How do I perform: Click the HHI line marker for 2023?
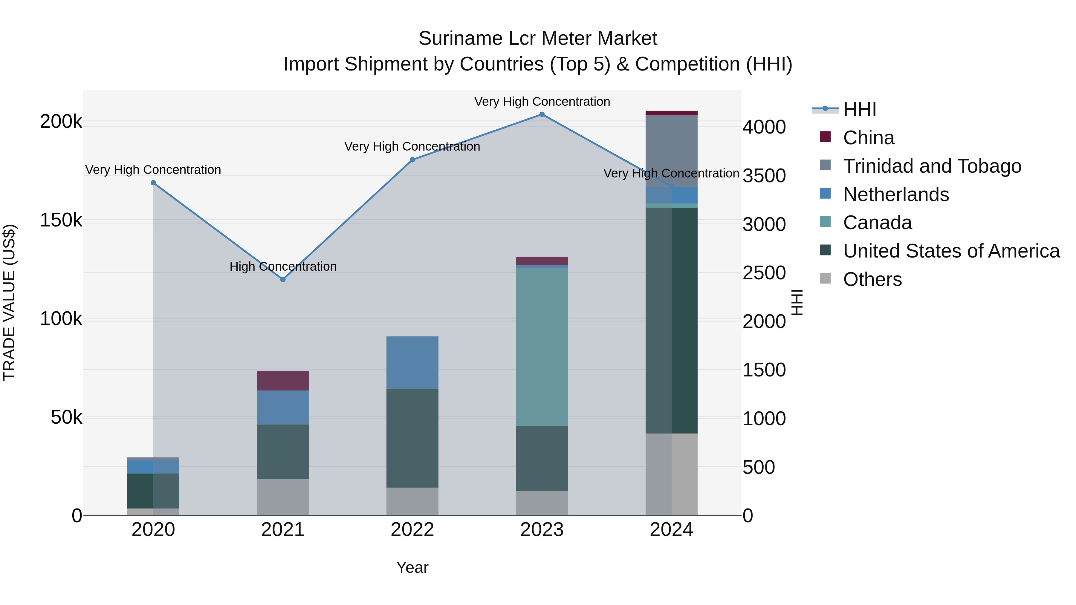point(542,114)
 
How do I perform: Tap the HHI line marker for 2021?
point(283,279)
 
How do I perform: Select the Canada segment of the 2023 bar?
point(542,347)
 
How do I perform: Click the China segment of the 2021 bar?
point(283,380)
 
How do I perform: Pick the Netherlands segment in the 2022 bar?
point(412,362)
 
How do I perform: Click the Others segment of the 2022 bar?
point(412,501)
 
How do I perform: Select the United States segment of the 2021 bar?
point(283,452)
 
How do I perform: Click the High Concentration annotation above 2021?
point(283,266)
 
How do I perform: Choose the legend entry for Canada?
point(877,223)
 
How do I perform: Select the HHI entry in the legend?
point(859,109)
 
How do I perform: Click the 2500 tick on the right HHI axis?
point(764,273)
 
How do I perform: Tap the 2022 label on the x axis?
point(412,530)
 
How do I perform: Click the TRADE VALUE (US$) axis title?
point(9,302)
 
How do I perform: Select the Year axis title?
point(412,567)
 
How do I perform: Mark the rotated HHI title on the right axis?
point(797,302)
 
